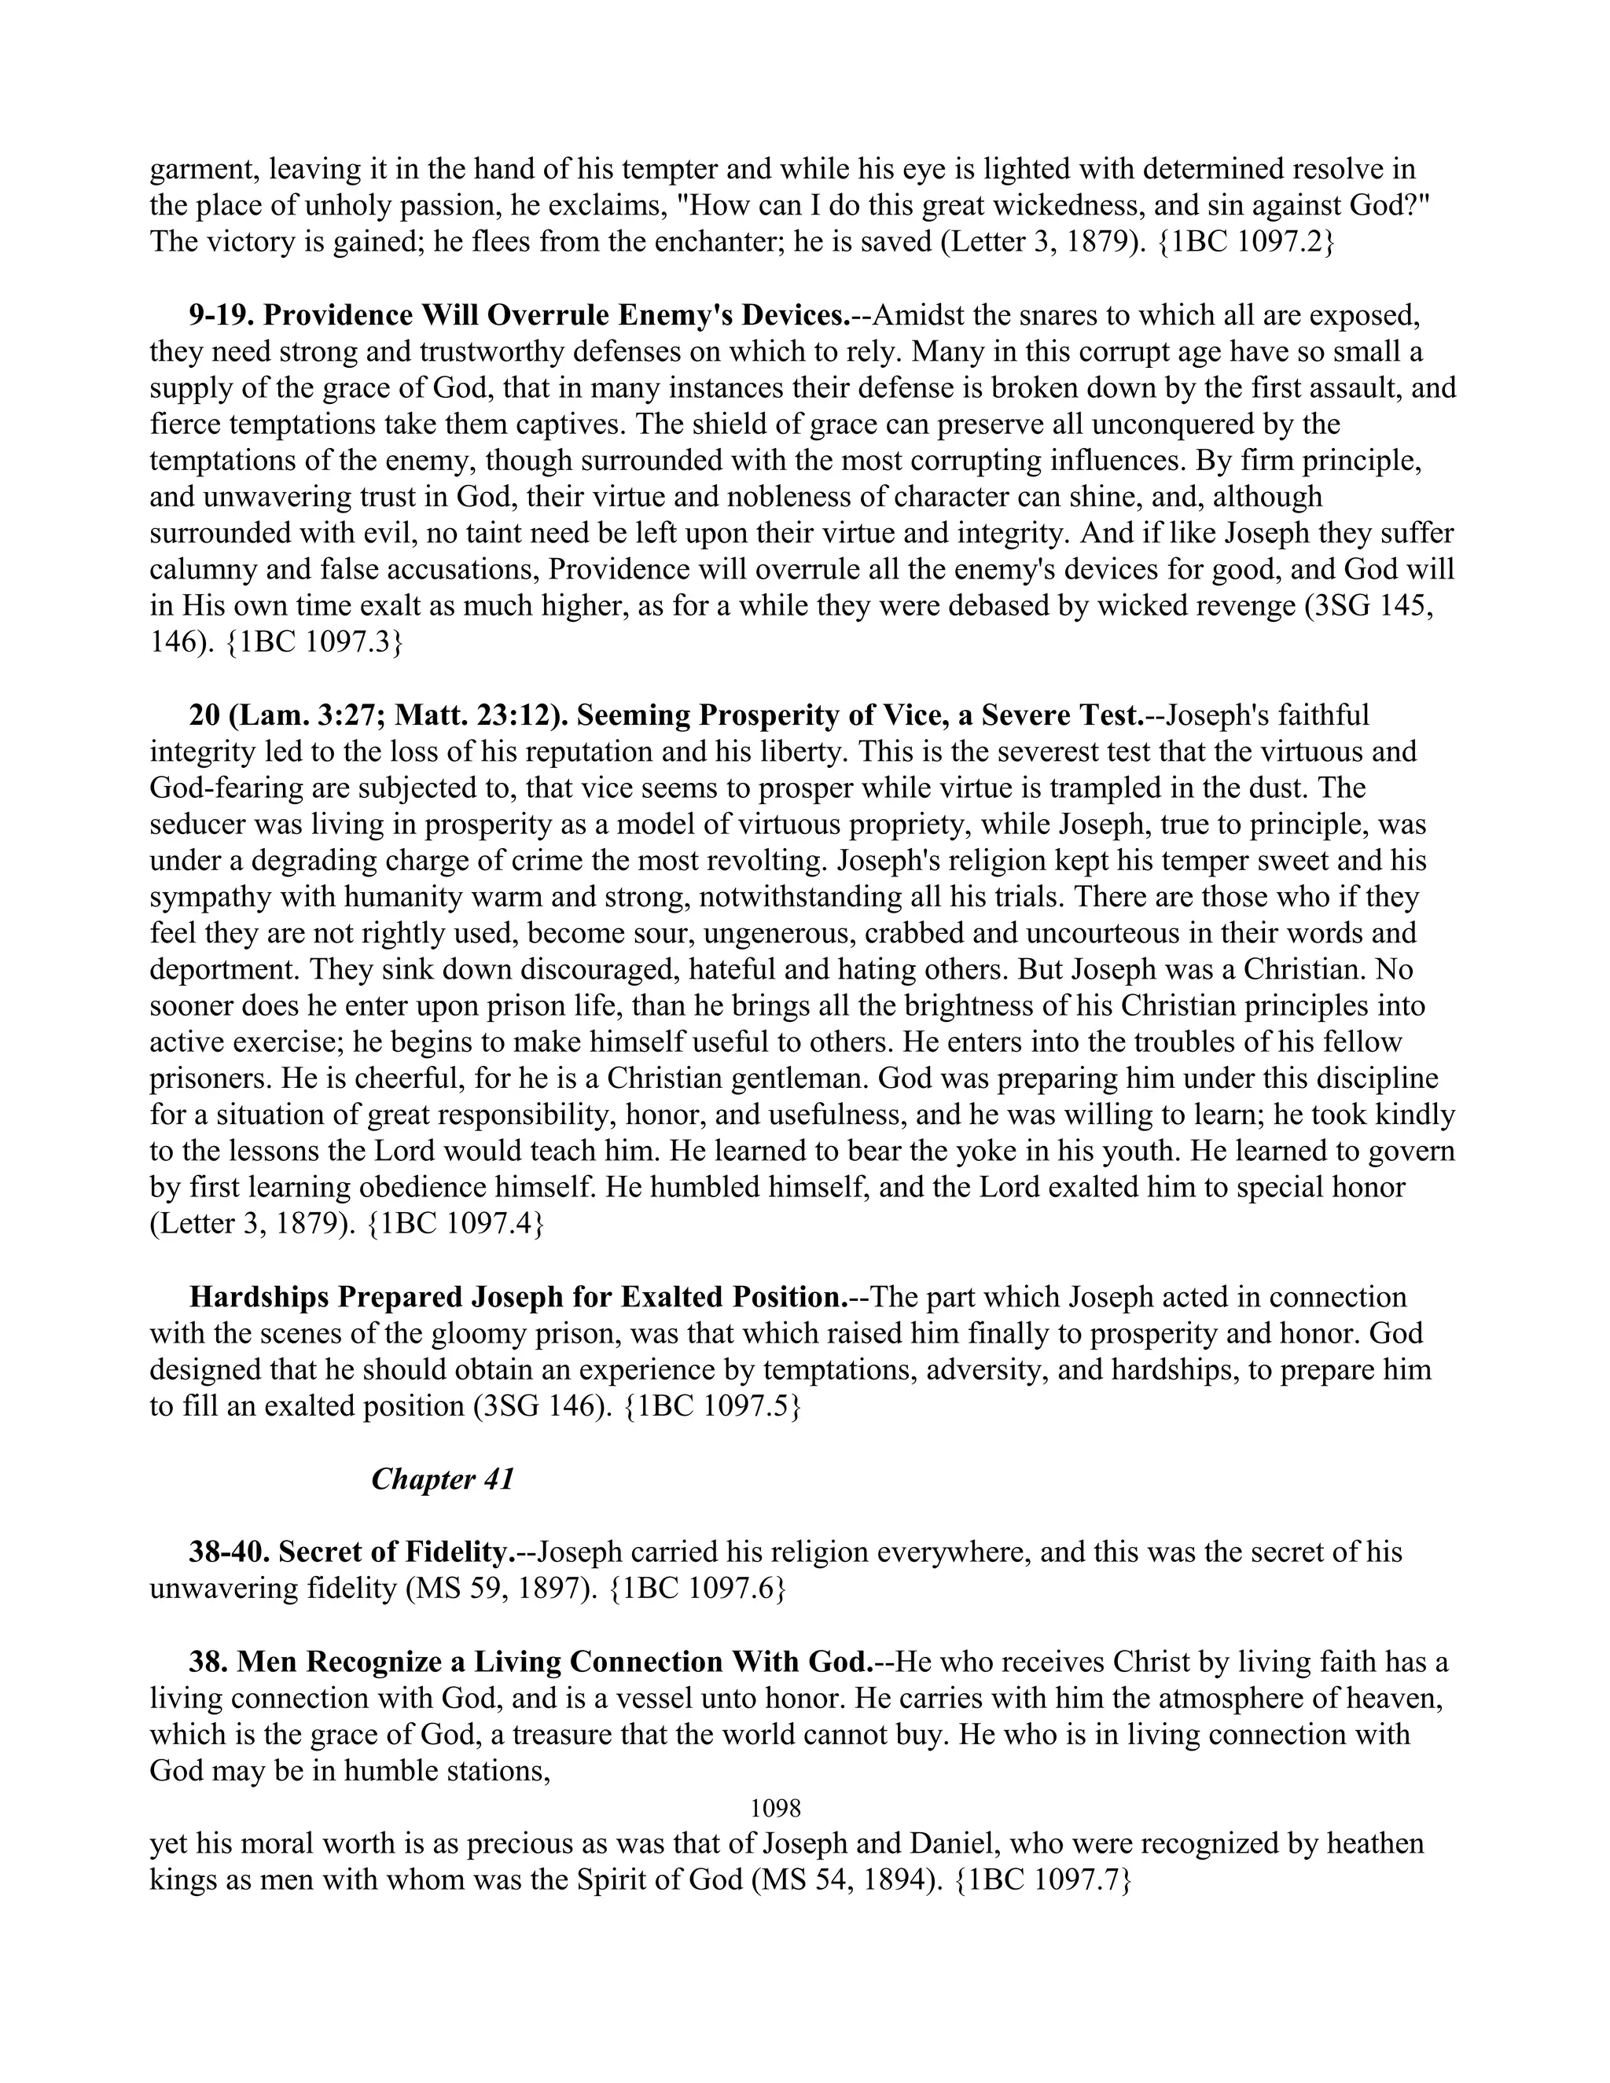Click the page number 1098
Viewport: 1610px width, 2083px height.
pyautogui.click(x=775, y=1807)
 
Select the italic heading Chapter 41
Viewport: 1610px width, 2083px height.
pyautogui.click(x=443, y=1479)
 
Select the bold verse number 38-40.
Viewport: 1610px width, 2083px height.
pyautogui.click(x=229, y=1552)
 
